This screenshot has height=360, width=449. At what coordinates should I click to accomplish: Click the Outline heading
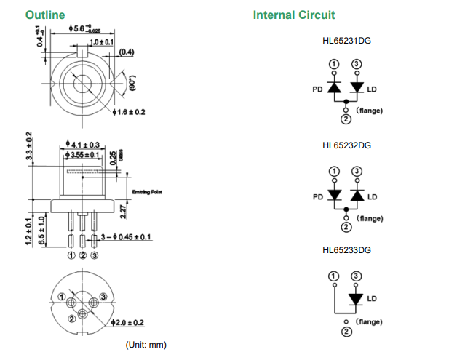pyautogui.click(x=45, y=15)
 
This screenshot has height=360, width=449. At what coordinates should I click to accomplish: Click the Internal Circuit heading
pyautogui.click(x=294, y=15)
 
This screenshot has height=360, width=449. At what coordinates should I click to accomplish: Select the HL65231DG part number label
pyautogui.click(x=346, y=41)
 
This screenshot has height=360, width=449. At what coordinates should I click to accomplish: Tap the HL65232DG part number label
pyautogui.click(x=346, y=145)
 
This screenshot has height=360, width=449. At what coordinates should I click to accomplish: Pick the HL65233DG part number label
pyautogui.click(x=346, y=250)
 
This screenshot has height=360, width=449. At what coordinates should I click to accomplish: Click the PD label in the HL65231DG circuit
pyautogui.click(x=317, y=91)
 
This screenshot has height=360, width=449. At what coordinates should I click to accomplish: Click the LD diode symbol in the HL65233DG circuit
pyautogui.click(x=357, y=299)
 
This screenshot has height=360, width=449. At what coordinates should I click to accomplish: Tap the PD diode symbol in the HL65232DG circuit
pyautogui.click(x=335, y=195)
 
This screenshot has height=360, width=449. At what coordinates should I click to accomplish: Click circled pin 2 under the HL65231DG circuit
pyautogui.click(x=346, y=119)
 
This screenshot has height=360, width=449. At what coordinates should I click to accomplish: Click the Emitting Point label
pyautogui.click(x=148, y=191)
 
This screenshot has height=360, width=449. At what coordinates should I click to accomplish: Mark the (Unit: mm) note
pyautogui.click(x=146, y=344)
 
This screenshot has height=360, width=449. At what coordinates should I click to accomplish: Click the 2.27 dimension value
pyautogui.click(x=124, y=212)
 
